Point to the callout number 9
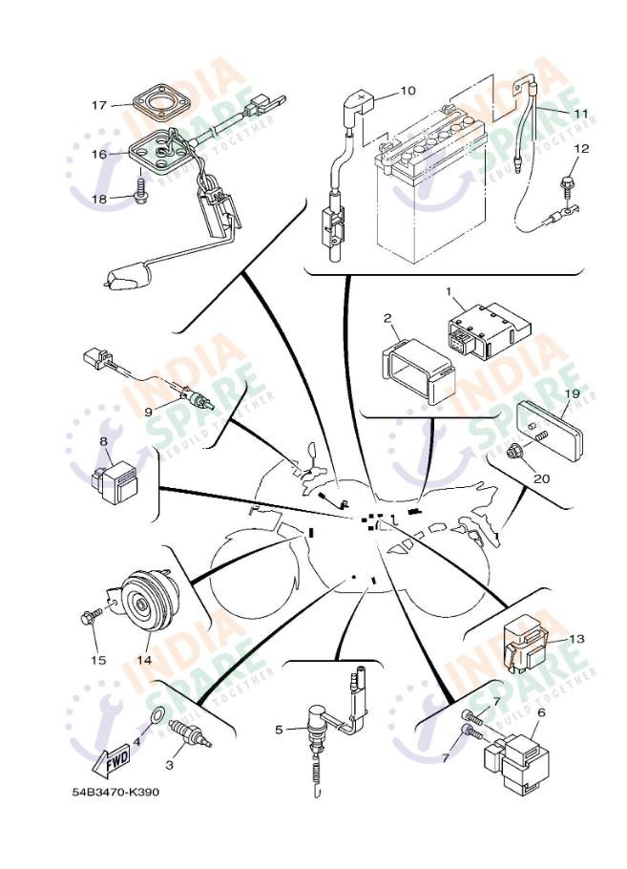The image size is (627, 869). (x=148, y=412)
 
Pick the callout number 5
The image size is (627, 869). (x=280, y=730)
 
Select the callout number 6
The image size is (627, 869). (x=541, y=711)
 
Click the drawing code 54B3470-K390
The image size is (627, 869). (x=115, y=793)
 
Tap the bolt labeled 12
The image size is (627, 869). (x=565, y=181)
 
